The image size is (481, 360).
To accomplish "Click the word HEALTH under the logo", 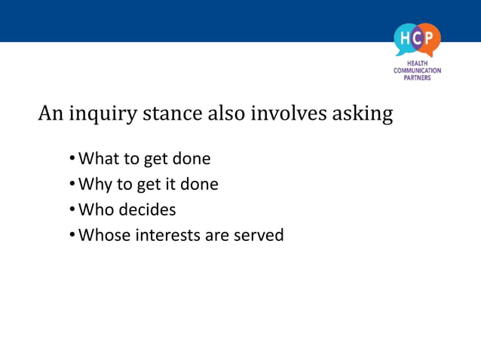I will (417, 64).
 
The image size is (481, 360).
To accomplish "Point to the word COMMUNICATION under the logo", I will (417, 71).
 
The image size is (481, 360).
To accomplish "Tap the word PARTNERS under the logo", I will (417, 78).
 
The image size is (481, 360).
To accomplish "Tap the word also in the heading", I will (224, 114).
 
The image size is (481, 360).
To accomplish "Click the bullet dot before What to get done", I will (72, 159).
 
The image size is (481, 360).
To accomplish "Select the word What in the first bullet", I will (96, 159).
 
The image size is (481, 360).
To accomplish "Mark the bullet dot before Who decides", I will (72, 209).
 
